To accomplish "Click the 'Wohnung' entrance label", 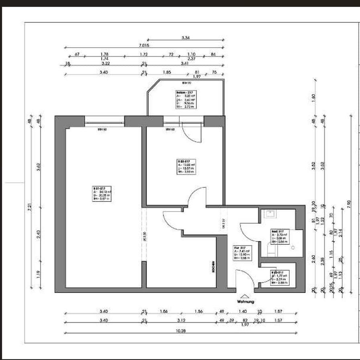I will [x=245, y=301].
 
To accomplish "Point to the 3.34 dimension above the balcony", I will [x=185, y=38].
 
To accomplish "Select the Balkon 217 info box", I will [x=186, y=100].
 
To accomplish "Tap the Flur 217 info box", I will [x=242, y=253].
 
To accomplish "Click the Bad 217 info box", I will [x=279, y=237].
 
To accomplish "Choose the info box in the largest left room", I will [x=102, y=193].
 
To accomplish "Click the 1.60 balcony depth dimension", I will [x=313, y=98].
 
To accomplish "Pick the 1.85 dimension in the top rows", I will [x=167, y=72].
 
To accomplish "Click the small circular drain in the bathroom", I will [x=293, y=248].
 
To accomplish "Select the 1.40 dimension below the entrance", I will [x=243, y=311].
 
